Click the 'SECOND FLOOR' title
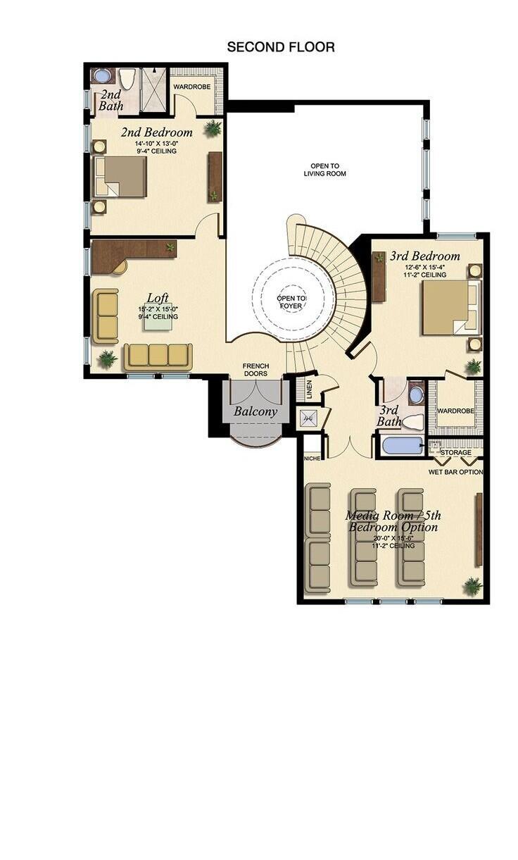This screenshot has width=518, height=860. pyautogui.click(x=280, y=47)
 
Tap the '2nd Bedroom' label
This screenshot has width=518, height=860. pyautogui.click(x=156, y=132)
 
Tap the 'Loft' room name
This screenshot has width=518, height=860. pyautogui.click(x=158, y=298)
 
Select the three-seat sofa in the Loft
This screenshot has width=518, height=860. pyautogui.click(x=158, y=356)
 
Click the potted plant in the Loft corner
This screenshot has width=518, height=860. pyautogui.click(x=107, y=359)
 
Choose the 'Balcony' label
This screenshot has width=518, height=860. pyautogui.click(x=255, y=411)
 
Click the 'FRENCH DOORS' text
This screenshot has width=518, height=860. pyautogui.click(x=255, y=370)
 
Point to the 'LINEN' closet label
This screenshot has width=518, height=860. pyautogui.click(x=309, y=390)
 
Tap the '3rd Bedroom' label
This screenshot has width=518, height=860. pyautogui.click(x=424, y=256)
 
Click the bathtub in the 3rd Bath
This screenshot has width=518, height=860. pyautogui.click(x=402, y=446)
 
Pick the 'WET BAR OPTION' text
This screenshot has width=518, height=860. pyautogui.click(x=455, y=472)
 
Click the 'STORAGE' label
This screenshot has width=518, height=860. pyautogui.click(x=455, y=452)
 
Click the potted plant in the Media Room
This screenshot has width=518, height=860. pyautogui.click(x=472, y=585)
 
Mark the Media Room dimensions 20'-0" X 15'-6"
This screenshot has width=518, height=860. pyautogui.click(x=390, y=537)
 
